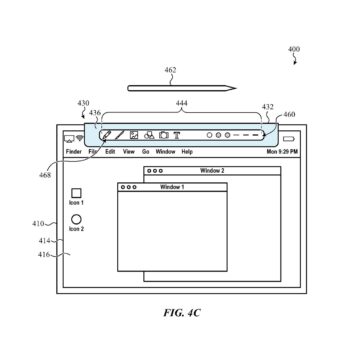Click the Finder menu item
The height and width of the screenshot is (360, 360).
(x=73, y=151)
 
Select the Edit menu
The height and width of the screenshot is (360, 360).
(x=110, y=151)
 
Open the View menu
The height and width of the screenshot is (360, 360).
(x=128, y=151)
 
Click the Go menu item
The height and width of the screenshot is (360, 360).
(x=145, y=151)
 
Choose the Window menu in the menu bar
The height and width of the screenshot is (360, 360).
(x=165, y=151)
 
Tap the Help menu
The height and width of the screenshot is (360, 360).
(x=187, y=151)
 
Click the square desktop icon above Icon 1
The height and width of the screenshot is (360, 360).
(x=76, y=192)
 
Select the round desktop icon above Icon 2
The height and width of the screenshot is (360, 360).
(x=76, y=219)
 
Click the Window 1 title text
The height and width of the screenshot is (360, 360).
(x=173, y=187)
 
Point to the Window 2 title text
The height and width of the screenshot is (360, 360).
(x=211, y=171)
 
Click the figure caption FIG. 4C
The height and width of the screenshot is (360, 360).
(x=181, y=312)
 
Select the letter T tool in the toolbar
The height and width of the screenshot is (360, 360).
(x=176, y=134)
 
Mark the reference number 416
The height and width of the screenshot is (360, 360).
(x=44, y=254)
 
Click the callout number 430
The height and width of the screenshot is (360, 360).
(x=82, y=103)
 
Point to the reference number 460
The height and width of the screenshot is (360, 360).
(x=288, y=114)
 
